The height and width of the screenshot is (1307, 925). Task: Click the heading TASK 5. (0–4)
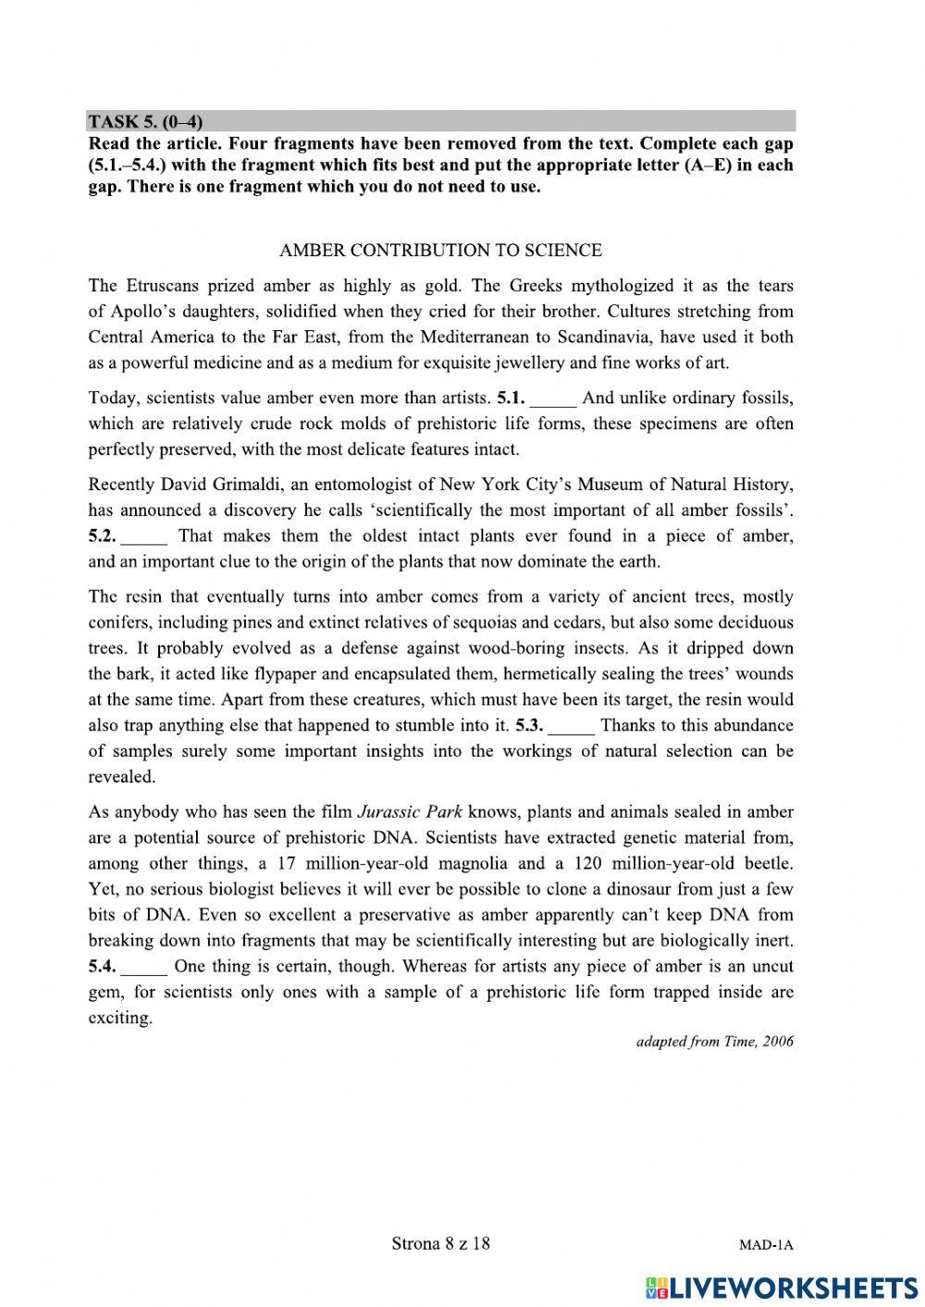(145, 122)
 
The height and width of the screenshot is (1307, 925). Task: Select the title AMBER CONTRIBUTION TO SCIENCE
(440, 251)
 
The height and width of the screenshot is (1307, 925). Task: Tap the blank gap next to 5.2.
(145, 537)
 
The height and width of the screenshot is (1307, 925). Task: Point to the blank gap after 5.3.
(572, 726)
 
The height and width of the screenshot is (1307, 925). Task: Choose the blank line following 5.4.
(145, 968)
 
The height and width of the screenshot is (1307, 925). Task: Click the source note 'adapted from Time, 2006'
(714, 1042)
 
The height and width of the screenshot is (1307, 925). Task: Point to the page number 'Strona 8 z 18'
(440, 1243)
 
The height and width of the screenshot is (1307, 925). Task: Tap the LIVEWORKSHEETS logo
(782, 1289)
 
